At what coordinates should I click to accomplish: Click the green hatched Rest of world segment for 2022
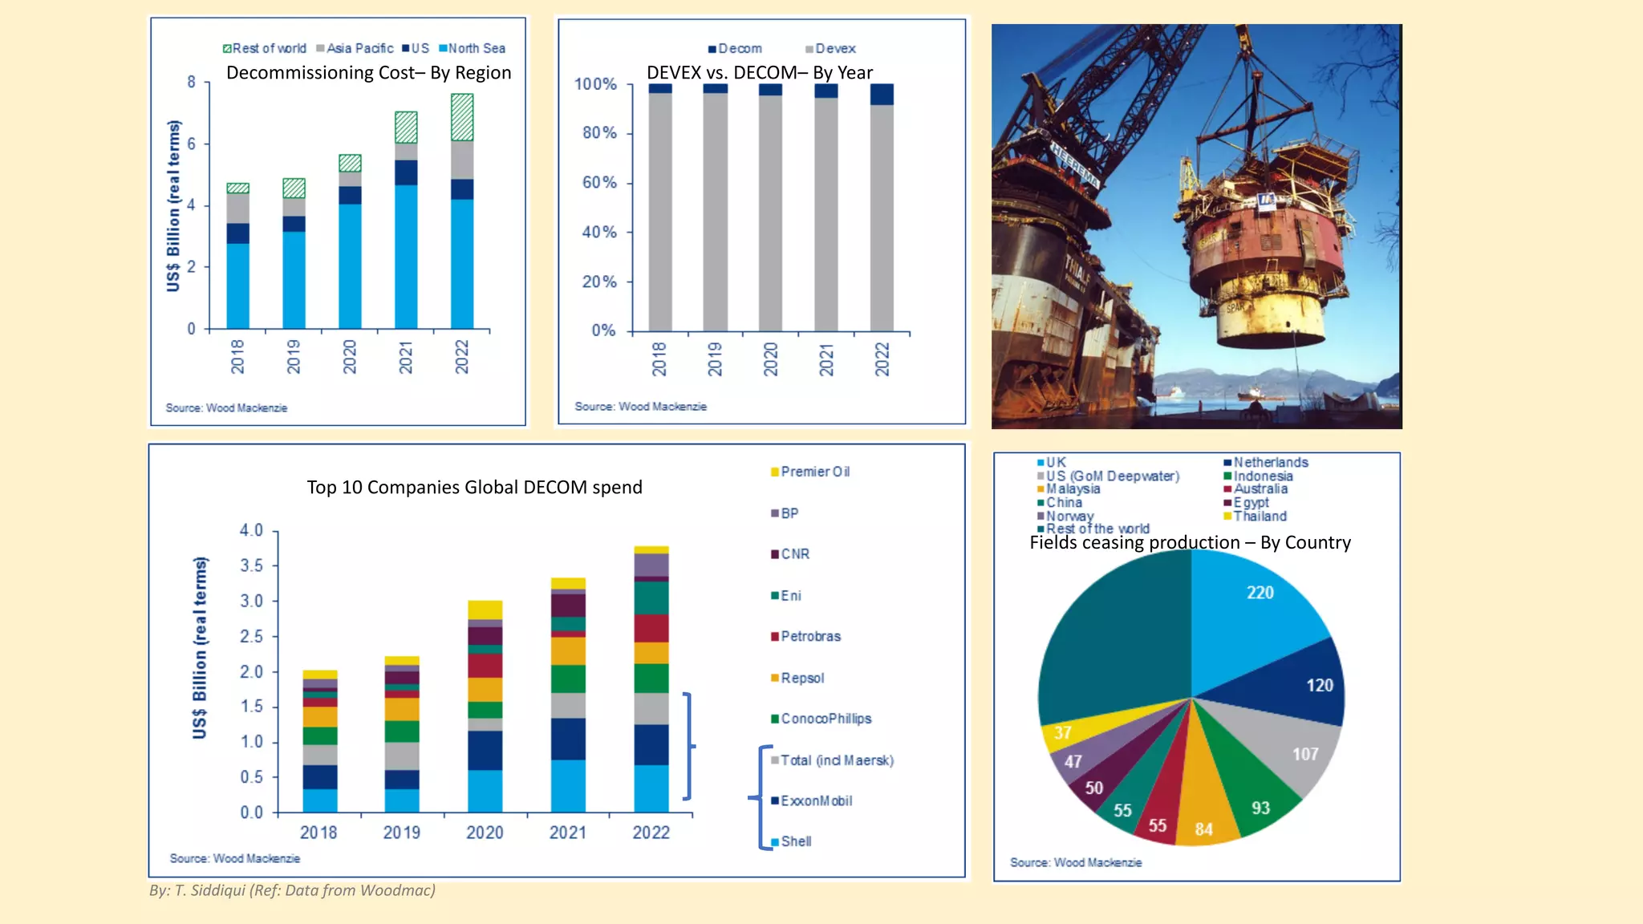coord(462,117)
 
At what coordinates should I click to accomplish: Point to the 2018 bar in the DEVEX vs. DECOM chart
coord(660,209)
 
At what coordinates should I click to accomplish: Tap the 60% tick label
coord(599,183)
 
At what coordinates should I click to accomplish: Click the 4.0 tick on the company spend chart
coord(251,530)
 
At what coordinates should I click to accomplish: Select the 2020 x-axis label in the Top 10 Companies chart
coord(485,833)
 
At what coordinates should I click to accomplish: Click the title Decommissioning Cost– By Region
coord(368,73)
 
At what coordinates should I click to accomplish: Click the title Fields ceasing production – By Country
coord(1190,543)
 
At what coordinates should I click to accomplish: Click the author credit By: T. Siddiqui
coord(292,890)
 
